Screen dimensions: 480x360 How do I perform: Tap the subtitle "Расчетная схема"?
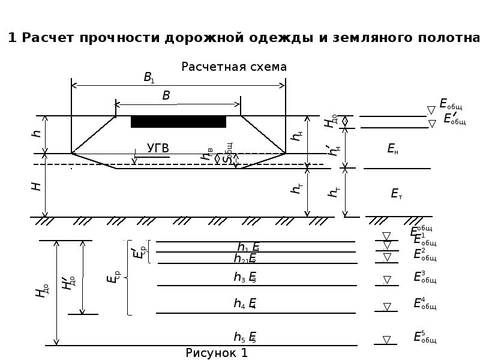pos(234,67)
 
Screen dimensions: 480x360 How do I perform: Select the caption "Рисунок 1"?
pos(217,353)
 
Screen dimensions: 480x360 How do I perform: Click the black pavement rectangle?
pos(178,122)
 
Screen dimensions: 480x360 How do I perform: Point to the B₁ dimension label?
pos(149,77)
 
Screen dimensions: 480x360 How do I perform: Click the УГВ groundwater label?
pos(158,148)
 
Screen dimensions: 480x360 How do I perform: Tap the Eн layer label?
pos(393,149)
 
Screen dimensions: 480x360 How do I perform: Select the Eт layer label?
pos(396,193)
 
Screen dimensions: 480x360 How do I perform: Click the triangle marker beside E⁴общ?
pos(387,307)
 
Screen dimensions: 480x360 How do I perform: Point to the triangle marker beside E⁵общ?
pos(387,340)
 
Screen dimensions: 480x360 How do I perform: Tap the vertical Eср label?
pos(113,277)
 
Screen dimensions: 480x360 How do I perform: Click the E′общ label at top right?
pos(454,119)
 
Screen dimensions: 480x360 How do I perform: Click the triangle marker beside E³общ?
pos(387,280)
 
